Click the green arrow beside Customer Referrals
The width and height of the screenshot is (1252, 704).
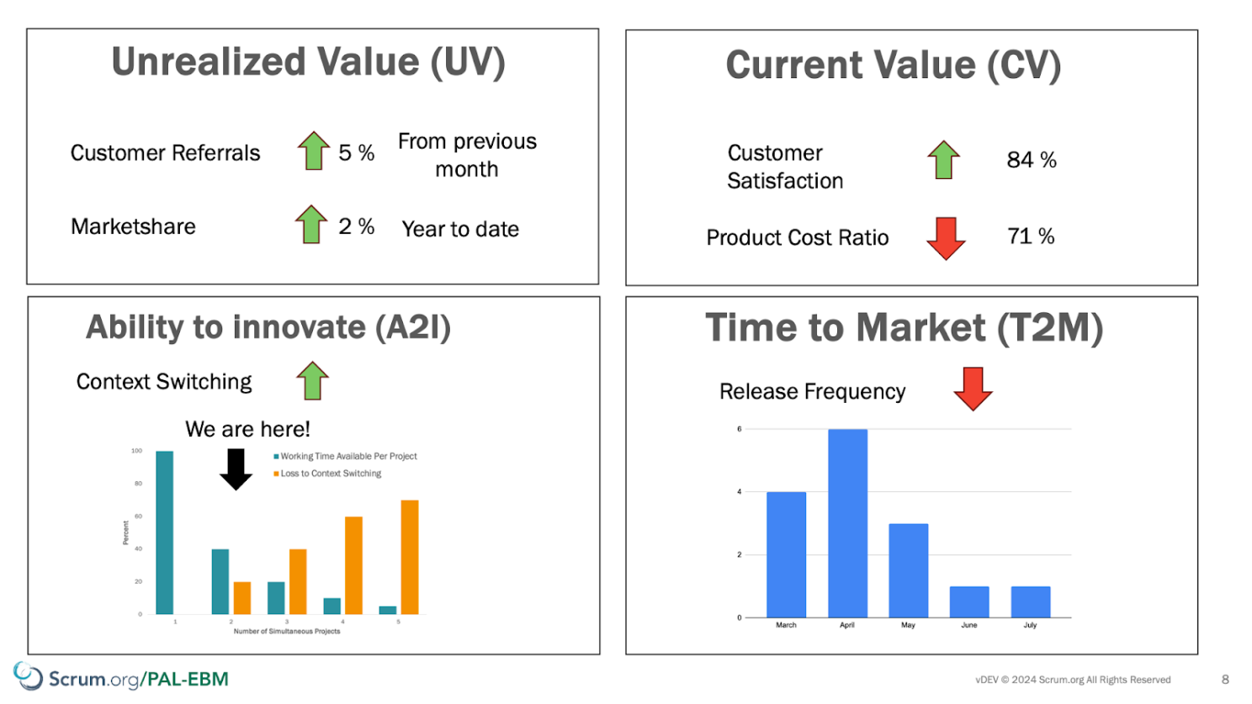pyautogui.click(x=314, y=151)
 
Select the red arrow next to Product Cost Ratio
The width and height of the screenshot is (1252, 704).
pyautogui.click(x=946, y=239)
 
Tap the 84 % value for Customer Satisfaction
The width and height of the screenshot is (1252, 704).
pyautogui.click(x=1032, y=160)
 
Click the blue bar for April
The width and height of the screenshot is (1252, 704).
pyautogui.click(x=847, y=523)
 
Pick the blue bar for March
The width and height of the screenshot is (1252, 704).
pyautogui.click(x=786, y=554)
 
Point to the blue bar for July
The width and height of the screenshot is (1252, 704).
pyautogui.click(x=1031, y=601)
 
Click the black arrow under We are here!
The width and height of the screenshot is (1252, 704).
pyautogui.click(x=236, y=469)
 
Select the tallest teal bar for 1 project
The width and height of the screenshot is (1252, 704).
pyautogui.click(x=164, y=532)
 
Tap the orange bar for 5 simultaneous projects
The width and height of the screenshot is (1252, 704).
pyautogui.click(x=410, y=557)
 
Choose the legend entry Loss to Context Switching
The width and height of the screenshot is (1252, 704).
pyautogui.click(x=327, y=474)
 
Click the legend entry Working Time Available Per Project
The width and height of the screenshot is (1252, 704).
pyautogui.click(x=346, y=456)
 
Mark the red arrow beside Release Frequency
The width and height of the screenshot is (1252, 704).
pyautogui.click(x=973, y=389)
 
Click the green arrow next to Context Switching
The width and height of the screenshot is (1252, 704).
pyautogui.click(x=312, y=380)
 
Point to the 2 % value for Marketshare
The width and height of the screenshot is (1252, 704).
pyautogui.click(x=356, y=226)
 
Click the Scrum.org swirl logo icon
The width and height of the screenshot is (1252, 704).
pyautogui.click(x=28, y=675)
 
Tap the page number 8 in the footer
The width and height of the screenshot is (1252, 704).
pyautogui.click(x=1225, y=680)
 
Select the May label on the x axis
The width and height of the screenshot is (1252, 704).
pyautogui.click(x=908, y=625)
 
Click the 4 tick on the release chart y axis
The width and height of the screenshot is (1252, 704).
pyautogui.click(x=740, y=492)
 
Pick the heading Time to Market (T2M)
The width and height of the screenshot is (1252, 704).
pyautogui.click(x=904, y=327)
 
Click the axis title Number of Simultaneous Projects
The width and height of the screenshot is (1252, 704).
pyautogui.click(x=287, y=632)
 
